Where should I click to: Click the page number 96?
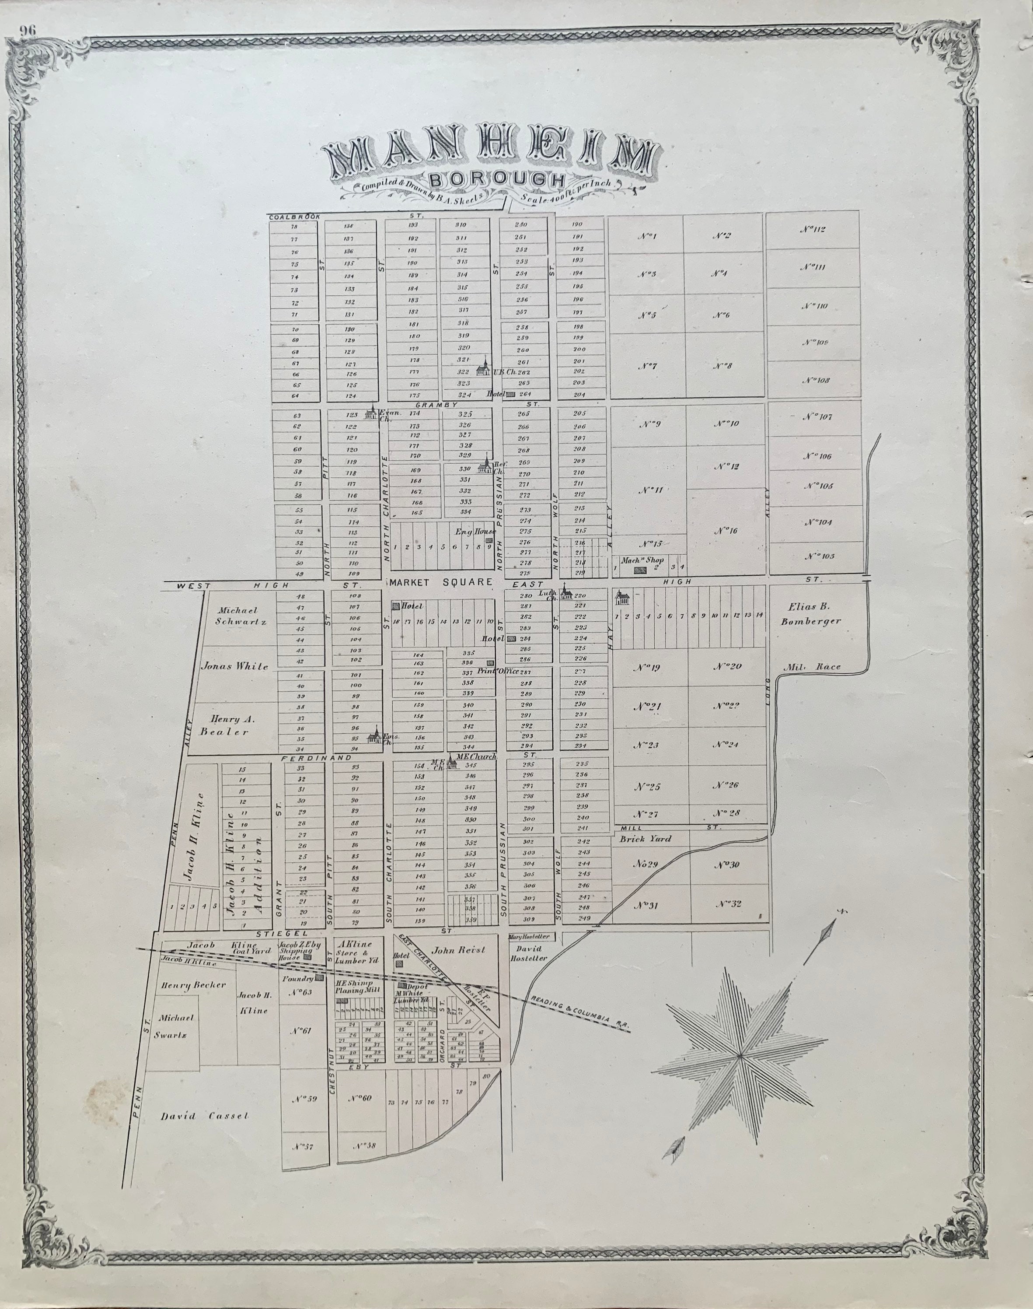[x=27, y=31]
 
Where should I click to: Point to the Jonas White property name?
[x=234, y=666]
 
